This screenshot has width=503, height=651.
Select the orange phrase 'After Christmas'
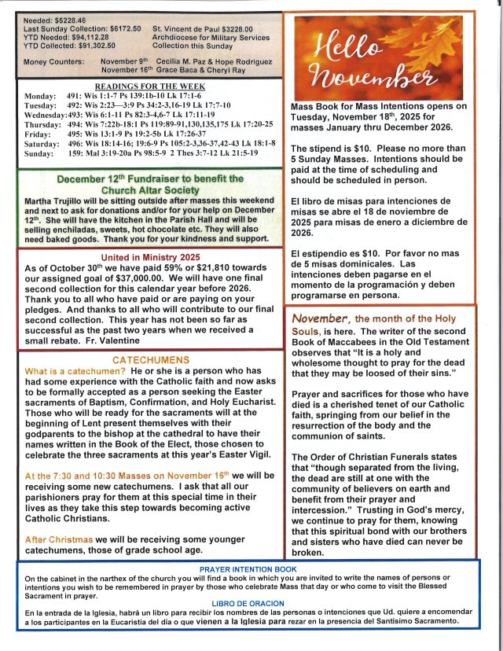point(59,539)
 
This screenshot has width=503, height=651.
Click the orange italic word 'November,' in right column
point(320,318)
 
